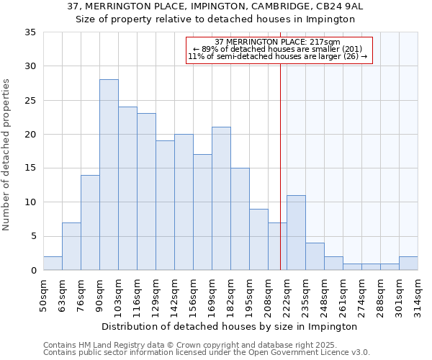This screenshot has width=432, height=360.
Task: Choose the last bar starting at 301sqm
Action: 408,264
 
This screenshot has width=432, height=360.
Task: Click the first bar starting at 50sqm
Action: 53,264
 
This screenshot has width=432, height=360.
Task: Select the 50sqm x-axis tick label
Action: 44,294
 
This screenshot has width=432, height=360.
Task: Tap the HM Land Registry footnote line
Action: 191,345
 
